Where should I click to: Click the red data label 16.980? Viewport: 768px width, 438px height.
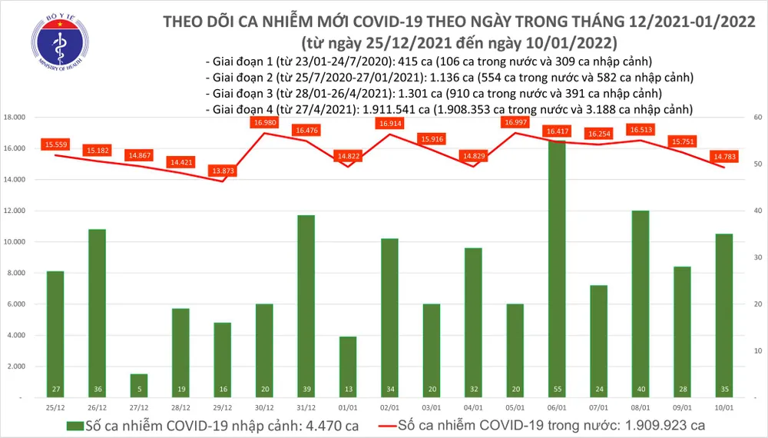coord(263,122)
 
